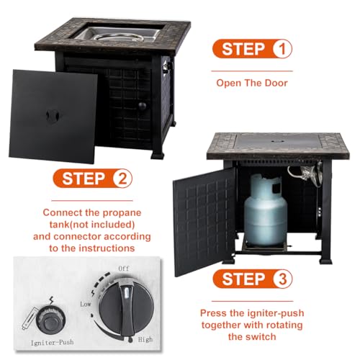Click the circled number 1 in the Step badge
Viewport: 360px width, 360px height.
[x=282, y=49]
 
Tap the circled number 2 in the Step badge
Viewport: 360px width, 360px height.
[x=122, y=179]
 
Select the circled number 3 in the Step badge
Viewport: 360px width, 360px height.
[x=282, y=279]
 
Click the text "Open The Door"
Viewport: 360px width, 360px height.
[x=252, y=83]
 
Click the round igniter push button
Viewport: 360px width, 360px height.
[x=50, y=321]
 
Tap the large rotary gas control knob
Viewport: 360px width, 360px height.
[x=127, y=309]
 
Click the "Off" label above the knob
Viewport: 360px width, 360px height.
[x=124, y=268]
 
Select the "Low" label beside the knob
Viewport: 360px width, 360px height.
[x=86, y=304]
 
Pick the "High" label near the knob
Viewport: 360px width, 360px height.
[x=145, y=339]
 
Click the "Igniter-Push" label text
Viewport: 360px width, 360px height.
[x=52, y=343]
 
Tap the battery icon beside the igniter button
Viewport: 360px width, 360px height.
[x=30, y=318]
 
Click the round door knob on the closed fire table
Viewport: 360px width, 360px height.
[x=142, y=106]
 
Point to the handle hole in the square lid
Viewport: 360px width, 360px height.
[x=53, y=116]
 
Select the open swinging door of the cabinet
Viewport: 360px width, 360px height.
[x=204, y=222]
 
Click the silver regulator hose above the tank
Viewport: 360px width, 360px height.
[x=306, y=173]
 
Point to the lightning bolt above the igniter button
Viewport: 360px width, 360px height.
[x=51, y=300]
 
